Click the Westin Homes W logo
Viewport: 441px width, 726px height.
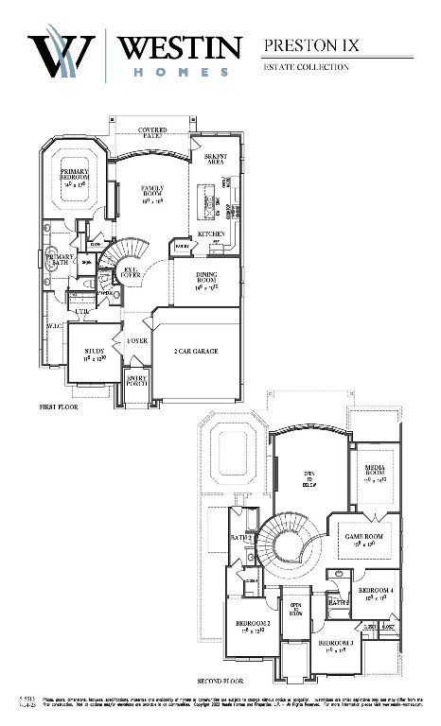62,54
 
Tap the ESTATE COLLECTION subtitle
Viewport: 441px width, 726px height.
306,67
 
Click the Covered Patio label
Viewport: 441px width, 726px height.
158,132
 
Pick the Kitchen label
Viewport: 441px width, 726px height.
210,233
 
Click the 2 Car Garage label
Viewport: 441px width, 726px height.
196,351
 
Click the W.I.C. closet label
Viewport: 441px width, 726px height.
54,326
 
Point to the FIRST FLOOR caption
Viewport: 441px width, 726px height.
59,407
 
